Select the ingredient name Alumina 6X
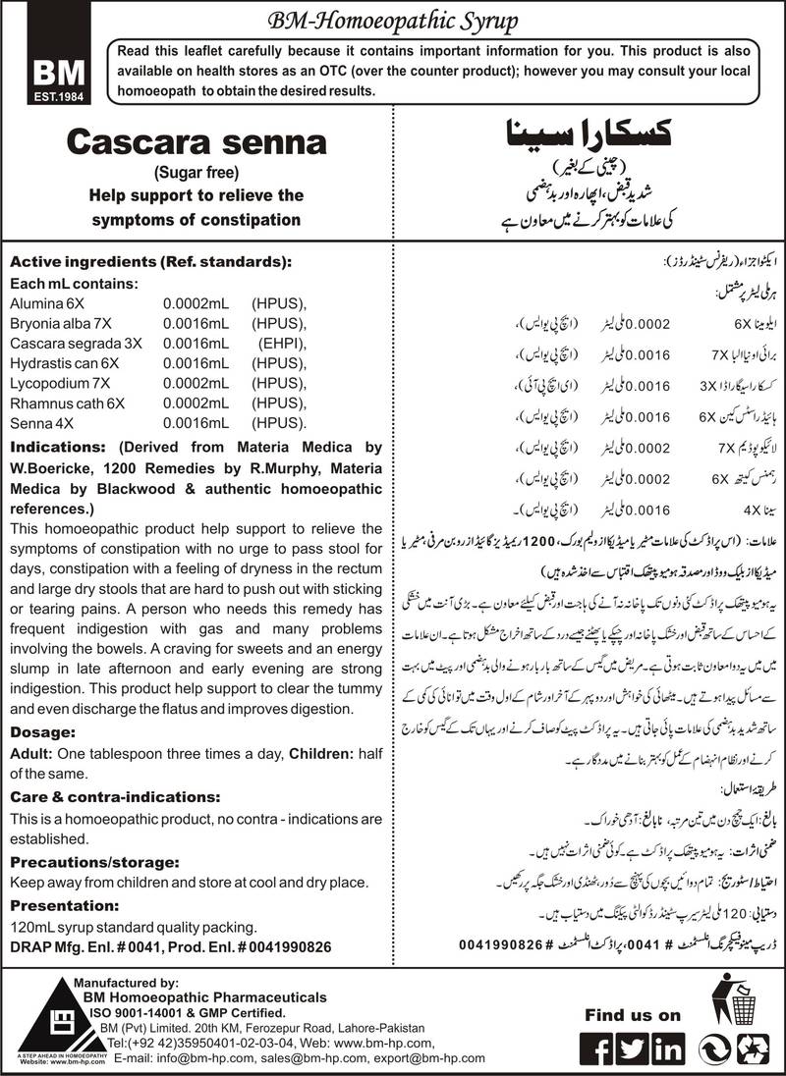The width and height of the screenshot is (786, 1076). (x=42, y=303)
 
